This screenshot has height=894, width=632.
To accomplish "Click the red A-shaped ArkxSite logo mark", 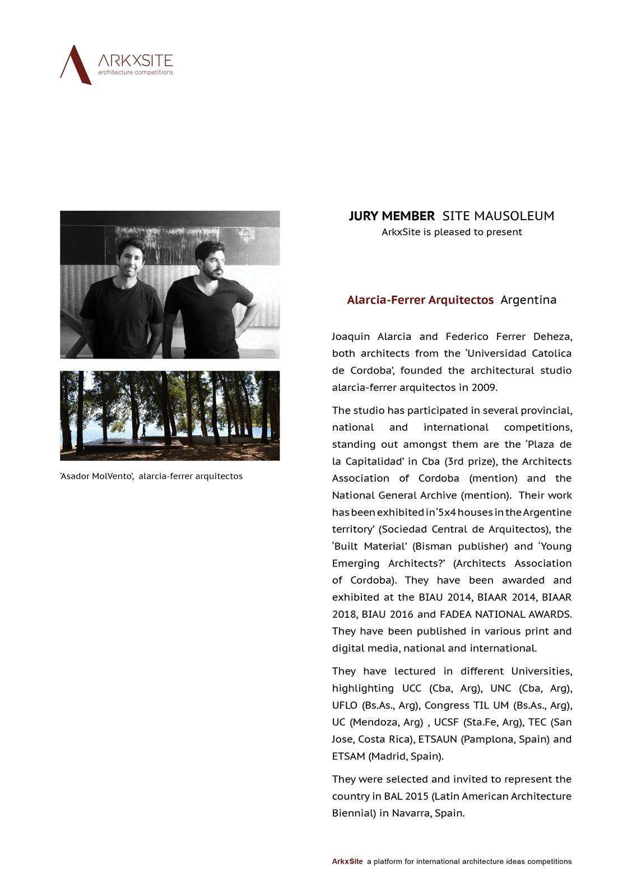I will coord(75,64).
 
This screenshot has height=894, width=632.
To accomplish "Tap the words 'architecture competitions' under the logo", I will coord(135,72).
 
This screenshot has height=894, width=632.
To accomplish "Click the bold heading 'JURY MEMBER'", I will coord(391,216).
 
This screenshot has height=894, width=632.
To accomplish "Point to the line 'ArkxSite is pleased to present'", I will coord(452,232).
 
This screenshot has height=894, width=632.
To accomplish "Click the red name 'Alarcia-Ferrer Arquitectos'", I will coord(420,300).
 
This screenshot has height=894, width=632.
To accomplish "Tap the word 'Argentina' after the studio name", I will coord(528,300).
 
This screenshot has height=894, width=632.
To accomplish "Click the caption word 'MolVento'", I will coord(112,476).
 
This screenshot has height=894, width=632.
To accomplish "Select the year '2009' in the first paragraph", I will coord(484,387).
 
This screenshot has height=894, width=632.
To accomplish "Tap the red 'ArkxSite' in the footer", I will coord(347,862).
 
